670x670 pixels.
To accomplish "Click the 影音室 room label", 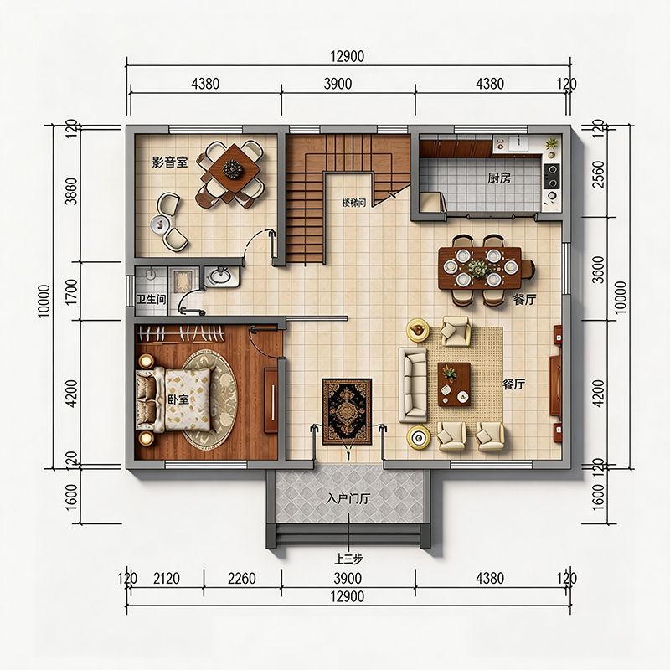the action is [170, 162].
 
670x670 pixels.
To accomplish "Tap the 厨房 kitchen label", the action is [499, 178].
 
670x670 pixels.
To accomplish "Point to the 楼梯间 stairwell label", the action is [353, 203].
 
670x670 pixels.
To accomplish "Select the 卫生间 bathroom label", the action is [151, 299].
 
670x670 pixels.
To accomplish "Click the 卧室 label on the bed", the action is [178, 399].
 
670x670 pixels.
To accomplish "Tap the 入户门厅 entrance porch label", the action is [348, 498].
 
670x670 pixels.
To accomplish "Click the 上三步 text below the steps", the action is [348, 559].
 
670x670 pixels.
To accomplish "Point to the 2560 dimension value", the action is [599, 174].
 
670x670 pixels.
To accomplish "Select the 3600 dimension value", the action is [599, 270].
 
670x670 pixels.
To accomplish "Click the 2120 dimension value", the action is [166, 579].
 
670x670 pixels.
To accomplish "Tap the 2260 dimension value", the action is [241, 579].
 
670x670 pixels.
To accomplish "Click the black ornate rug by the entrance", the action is [347, 411].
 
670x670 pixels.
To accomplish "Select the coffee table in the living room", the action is [454, 384].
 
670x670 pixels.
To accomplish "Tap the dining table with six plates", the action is [480, 268].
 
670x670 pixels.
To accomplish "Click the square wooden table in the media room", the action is [234, 169].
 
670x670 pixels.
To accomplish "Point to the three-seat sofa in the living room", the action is [413, 384].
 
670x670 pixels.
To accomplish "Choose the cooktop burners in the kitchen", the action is [551, 176].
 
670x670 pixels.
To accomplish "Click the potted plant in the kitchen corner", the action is [552, 145].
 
